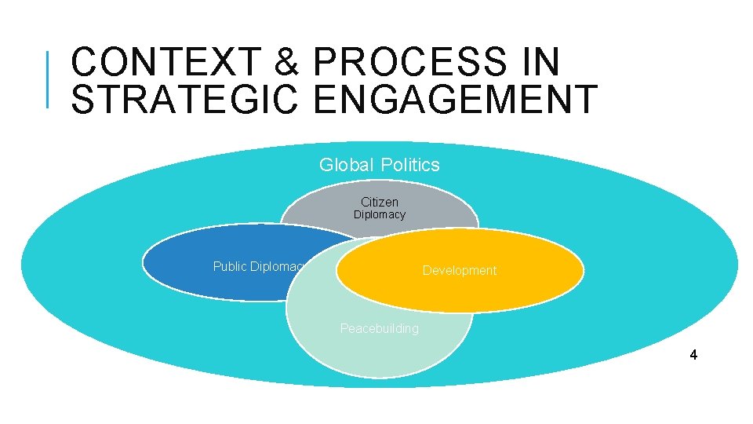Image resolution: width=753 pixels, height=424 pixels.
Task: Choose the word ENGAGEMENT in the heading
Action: coord(449,99)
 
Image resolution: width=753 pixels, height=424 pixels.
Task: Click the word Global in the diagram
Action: coord(347,165)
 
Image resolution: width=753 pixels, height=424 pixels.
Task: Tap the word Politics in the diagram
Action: coord(409,165)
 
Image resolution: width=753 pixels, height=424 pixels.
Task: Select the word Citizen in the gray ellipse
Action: coord(380,202)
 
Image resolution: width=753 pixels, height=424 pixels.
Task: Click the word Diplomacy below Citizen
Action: coord(380,214)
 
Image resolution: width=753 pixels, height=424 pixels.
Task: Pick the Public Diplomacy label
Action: coord(259,266)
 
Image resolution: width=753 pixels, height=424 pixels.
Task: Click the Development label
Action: coord(460,270)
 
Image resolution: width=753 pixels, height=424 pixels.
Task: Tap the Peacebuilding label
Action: coord(380,328)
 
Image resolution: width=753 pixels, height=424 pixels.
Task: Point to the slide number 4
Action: coord(693,355)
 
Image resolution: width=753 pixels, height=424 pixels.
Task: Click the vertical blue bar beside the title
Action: coord(49,79)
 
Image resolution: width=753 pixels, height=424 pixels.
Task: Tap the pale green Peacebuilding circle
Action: coord(376,353)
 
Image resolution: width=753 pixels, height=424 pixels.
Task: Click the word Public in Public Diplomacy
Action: coord(229,266)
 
